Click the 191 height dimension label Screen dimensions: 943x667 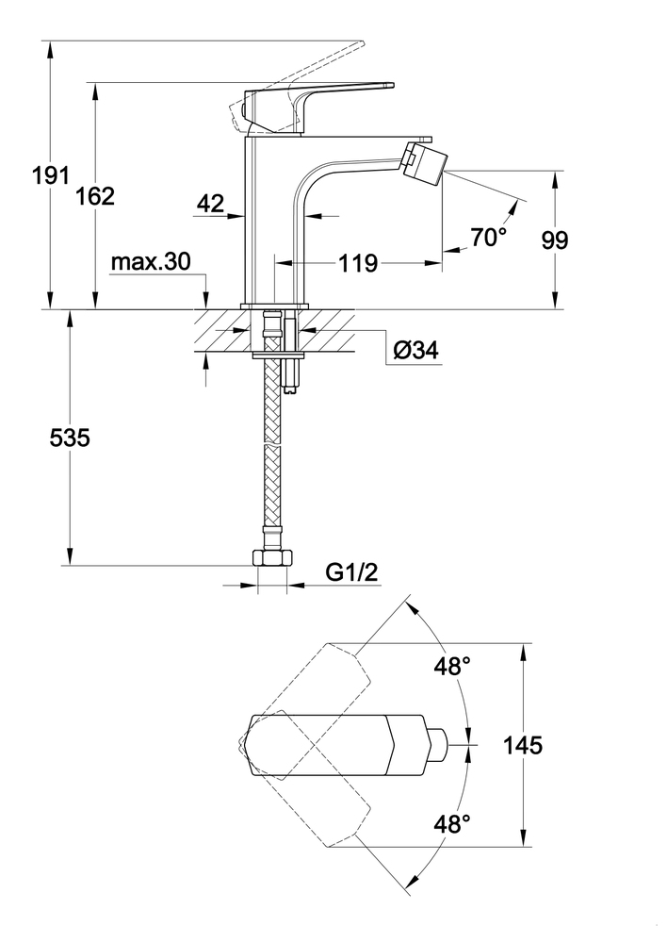coord(51,174)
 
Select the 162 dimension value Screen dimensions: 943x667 coord(95,196)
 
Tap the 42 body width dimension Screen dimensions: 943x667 coord(212,202)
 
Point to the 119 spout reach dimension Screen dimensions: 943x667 coord(358,263)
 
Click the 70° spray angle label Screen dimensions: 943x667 coord(489,238)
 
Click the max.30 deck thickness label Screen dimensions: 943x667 coord(150,262)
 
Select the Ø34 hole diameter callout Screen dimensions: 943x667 coord(412,351)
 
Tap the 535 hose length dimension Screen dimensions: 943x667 coord(68,438)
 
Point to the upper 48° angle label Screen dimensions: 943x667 coord(451,667)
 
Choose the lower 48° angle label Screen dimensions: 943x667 coord(451,824)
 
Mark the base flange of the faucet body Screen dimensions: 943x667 coord(275,306)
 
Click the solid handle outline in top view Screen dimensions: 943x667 coord(320,745)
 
